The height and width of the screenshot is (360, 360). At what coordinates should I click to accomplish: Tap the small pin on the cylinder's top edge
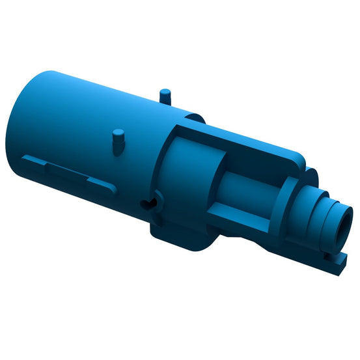[165, 94]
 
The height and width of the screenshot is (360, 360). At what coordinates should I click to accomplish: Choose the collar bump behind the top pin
[192, 118]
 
